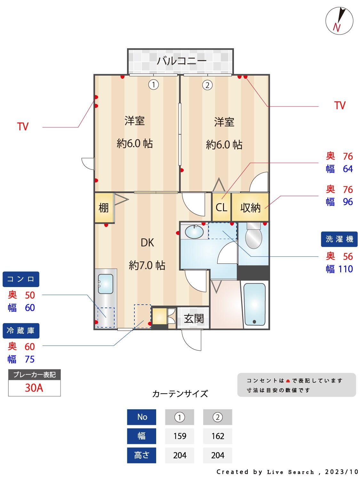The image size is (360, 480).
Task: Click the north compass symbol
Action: tap(339, 21)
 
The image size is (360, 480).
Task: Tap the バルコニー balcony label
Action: tap(181, 60)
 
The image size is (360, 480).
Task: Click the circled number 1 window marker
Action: tap(154, 85)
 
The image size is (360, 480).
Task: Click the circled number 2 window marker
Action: tap(207, 85)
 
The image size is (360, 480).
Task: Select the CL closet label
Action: tap(221, 207)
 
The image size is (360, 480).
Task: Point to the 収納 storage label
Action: tap(250, 208)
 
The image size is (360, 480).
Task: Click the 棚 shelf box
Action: tap(104, 208)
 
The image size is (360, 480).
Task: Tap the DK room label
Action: tap(147, 243)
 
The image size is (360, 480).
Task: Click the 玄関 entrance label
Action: tap(194, 318)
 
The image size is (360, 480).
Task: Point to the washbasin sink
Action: tap(194, 232)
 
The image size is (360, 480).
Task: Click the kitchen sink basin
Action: tap(105, 284)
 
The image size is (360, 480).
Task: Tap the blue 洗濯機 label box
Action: tap(339, 239)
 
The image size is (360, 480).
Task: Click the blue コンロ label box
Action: tap(21, 279)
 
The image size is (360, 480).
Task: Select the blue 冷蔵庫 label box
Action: tap(21, 331)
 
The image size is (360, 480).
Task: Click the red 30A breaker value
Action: tap(34, 388)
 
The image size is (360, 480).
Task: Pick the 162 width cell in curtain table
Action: tap(218, 436)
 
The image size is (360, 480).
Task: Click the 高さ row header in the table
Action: tap(141, 455)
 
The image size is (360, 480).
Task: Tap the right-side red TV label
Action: tap(340, 106)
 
